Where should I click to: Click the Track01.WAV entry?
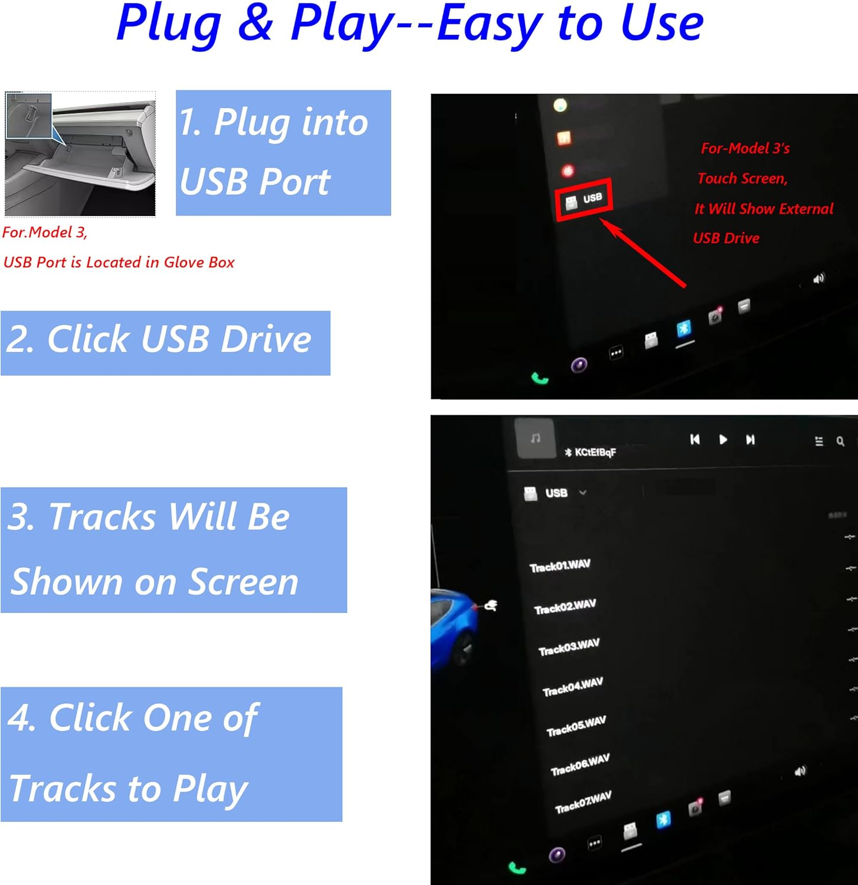point(560,566)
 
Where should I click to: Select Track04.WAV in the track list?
point(572,687)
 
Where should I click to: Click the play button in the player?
point(723,440)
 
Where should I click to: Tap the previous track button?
point(695,439)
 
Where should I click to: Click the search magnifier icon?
point(840,441)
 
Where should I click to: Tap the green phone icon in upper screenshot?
point(539,378)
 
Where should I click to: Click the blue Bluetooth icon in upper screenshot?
point(683,329)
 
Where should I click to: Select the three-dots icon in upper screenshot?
point(615,353)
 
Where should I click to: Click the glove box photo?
point(80,154)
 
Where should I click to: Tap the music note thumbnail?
point(535,438)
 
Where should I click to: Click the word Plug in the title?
point(169,25)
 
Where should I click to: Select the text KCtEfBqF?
point(595,452)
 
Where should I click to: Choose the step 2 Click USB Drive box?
point(165,343)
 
